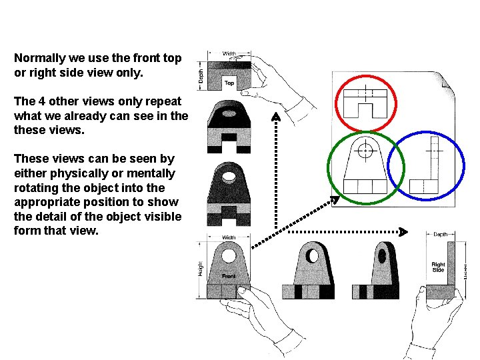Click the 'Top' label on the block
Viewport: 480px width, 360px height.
tap(229, 83)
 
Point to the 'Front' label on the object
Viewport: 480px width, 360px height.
tap(229, 275)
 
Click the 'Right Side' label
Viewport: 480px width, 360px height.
tap(438, 267)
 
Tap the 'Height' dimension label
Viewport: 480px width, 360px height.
tap(199, 268)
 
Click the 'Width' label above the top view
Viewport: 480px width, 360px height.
tap(229, 53)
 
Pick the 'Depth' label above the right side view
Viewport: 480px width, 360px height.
tap(441, 235)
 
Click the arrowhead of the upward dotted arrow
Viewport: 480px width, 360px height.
tap(276, 117)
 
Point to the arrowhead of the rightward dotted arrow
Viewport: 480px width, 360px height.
tap(402, 231)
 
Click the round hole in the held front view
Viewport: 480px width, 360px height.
tap(229, 255)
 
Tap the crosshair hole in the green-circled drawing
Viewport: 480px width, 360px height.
tap(365, 151)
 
